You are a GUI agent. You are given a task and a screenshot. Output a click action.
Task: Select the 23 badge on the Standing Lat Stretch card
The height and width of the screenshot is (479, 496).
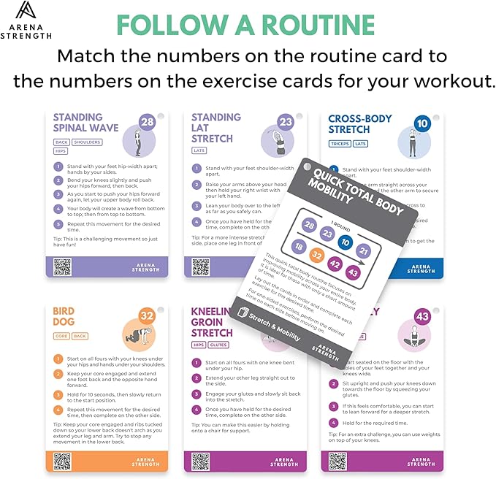286,122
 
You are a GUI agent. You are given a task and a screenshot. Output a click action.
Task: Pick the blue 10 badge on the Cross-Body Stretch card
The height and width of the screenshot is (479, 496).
421,122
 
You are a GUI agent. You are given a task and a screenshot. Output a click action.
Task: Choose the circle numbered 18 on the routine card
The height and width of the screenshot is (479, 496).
297,248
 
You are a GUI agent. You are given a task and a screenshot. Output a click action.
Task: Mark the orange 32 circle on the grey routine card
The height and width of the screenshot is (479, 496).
316,256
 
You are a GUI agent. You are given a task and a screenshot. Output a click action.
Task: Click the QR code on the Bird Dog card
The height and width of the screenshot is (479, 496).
63,461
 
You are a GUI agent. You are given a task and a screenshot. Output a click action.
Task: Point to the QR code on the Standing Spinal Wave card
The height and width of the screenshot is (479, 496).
63,267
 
